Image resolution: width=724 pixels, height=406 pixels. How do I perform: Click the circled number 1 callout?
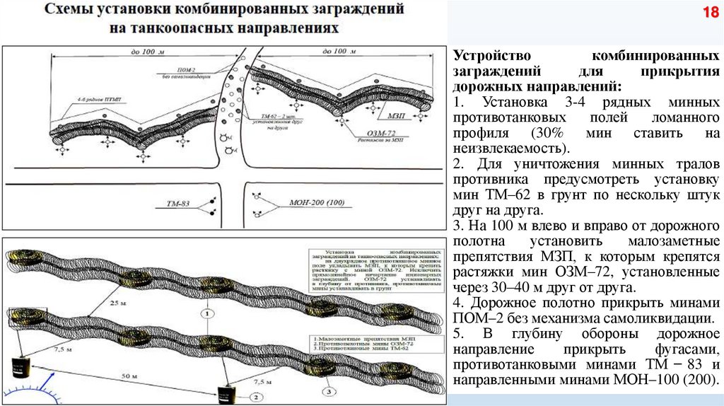tap(206, 312)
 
